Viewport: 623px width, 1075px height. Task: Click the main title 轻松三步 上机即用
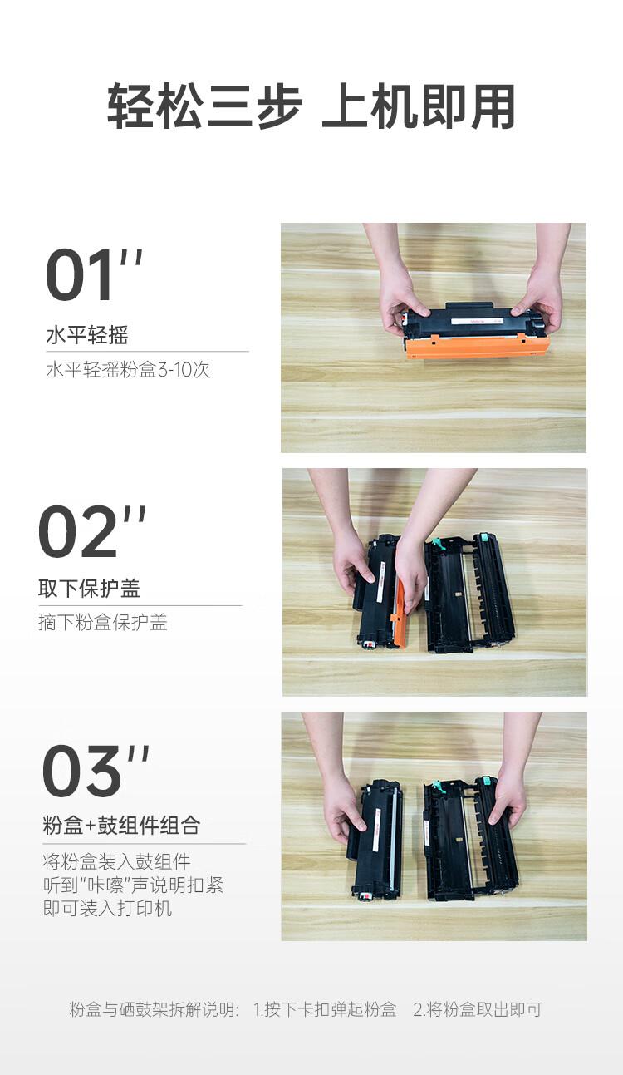(x=311, y=107)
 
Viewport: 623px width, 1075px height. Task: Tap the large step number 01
(x=81, y=275)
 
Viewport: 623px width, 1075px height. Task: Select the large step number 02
(x=79, y=532)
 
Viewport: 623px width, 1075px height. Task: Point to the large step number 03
(x=82, y=772)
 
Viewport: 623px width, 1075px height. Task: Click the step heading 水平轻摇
(x=86, y=336)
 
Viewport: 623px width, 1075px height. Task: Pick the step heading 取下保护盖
(x=89, y=589)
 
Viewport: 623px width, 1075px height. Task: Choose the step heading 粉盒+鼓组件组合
(x=121, y=826)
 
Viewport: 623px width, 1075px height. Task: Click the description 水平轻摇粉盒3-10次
(x=128, y=369)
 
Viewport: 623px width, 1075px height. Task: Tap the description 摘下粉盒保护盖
(x=103, y=623)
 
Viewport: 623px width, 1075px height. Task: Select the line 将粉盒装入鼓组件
(x=116, y=861)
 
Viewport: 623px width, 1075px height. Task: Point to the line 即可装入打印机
(x=107, y=908)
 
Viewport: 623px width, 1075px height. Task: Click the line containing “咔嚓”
(x=133, y=885)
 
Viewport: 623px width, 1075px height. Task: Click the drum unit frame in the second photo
(x=470, y=592)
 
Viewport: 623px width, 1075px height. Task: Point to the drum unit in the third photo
(x=470, y=840)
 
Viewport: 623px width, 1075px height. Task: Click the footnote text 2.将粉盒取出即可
(x=478, y=1010)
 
